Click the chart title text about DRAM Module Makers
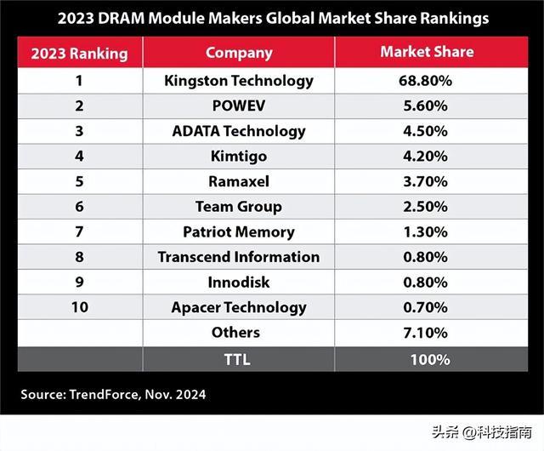(271, 16)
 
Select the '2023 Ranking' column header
(79, 54)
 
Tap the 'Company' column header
(238, 53)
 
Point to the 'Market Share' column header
(428, 53)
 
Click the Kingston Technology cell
(239, 82)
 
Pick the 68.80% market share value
(428, 82)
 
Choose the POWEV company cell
(239, 106)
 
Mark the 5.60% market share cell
(428, 106)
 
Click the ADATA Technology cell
(239, 131)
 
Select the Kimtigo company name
(239, 157)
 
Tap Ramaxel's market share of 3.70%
(428, 181)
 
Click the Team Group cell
(239, 207)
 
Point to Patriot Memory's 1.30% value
(428, 231)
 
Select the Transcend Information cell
(239, 257)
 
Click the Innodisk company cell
(239, 282)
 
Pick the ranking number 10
(79, 307)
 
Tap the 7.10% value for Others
(428, 332)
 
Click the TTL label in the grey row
(239, 359)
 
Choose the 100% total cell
(428, 359)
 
